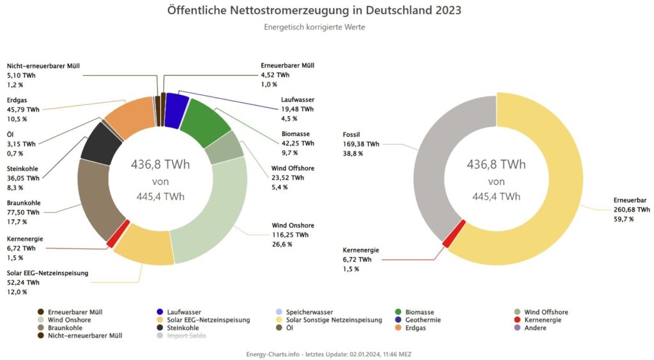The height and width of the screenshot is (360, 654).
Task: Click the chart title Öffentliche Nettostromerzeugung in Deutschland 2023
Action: [314, 11]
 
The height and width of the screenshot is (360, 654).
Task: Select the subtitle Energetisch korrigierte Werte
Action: [314, 27]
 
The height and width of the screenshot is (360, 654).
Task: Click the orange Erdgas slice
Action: [128, 118]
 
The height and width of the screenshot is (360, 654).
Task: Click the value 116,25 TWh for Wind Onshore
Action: [290, 235]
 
